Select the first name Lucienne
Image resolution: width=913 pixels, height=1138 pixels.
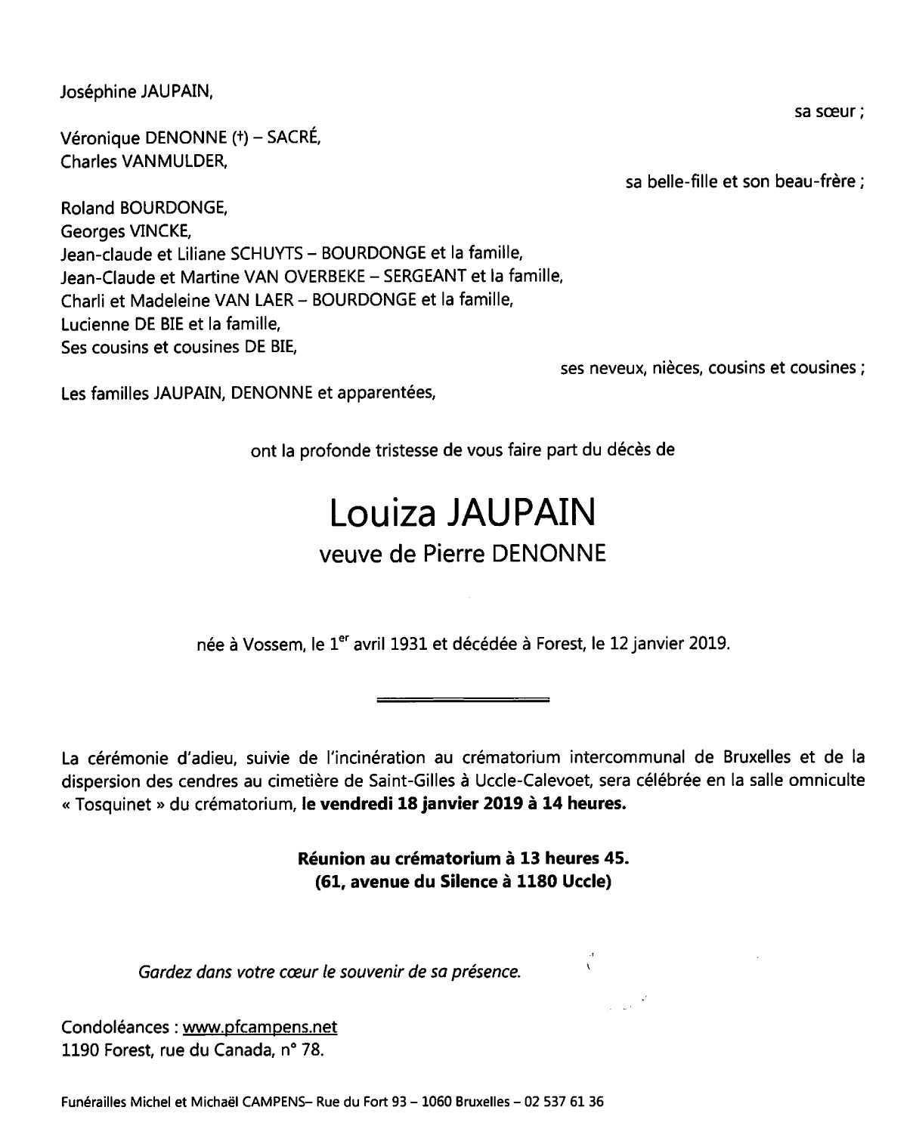pos(92,325)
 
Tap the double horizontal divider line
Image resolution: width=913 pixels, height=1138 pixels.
pos(463,700)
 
